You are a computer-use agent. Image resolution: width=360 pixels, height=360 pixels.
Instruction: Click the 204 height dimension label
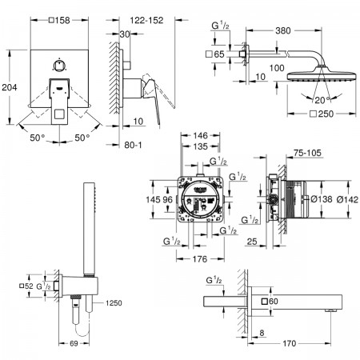[x=10, y=87]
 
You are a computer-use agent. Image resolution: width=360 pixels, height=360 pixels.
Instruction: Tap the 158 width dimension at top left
[x=59, y=20]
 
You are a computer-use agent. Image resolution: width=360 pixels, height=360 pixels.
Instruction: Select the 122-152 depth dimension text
[x=146, y=20]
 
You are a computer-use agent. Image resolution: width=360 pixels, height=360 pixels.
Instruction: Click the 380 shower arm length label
[x=283, y=30]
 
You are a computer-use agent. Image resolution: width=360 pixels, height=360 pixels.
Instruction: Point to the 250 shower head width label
[x=322, y=114]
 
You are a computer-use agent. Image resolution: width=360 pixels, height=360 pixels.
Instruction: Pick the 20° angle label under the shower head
[x=322, y=100]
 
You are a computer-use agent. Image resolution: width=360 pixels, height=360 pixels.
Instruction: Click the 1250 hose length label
[x=114, y=303]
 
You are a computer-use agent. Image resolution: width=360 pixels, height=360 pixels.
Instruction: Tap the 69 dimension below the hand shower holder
[x=74, y=343]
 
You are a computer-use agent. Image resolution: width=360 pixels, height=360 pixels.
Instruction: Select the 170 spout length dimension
[x=289, y=343]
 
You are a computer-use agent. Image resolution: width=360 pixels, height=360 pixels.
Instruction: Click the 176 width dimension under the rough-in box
[x=200, y=259]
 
